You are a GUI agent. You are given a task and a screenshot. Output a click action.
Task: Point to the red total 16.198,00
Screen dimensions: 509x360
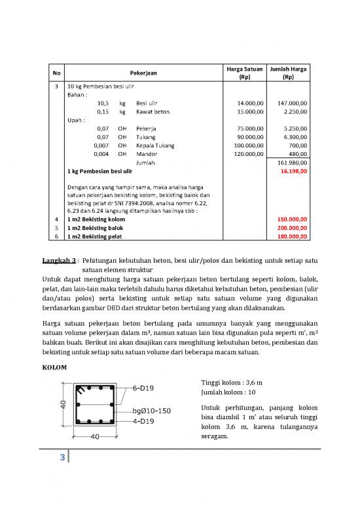point(300,171)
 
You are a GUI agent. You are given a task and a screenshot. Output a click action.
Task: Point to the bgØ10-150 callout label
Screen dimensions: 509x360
point(152,411)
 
